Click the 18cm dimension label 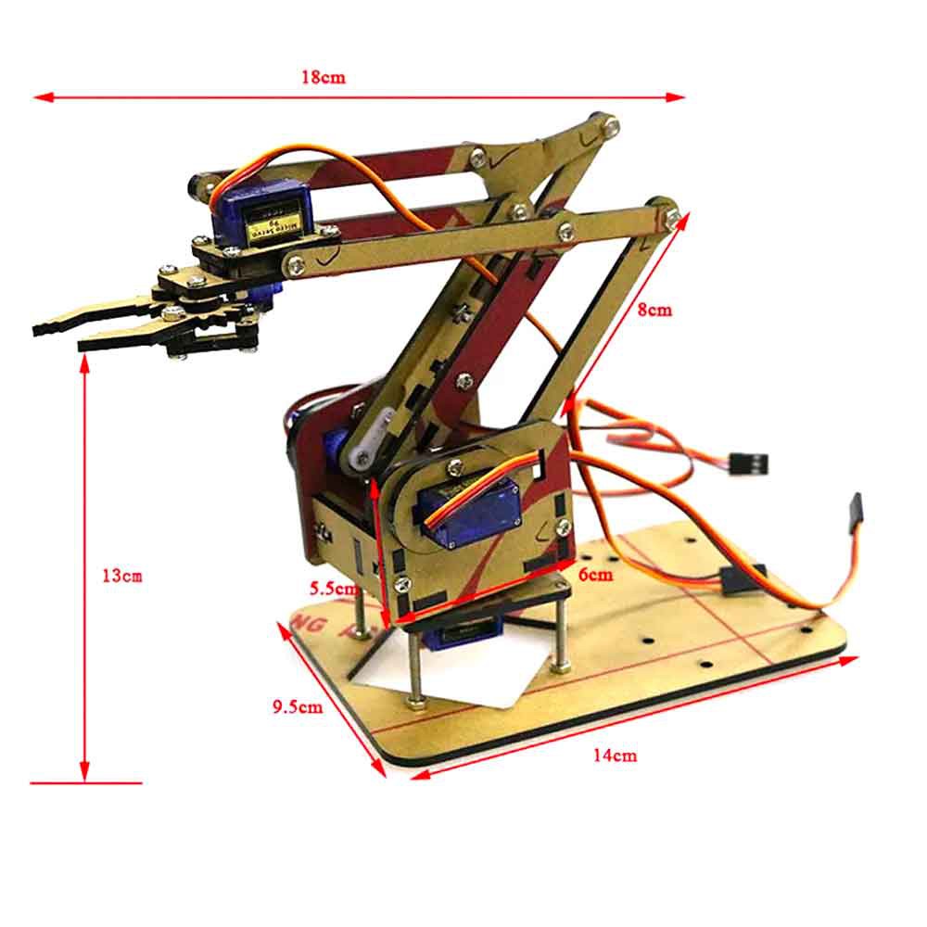coord(323,78)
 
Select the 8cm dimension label coord(654,311)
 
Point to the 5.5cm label coord(332,588)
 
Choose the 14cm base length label coord(615,756)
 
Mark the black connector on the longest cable coord(852,513)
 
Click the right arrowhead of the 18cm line coord(679,95)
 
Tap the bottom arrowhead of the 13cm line coord(85,774)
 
